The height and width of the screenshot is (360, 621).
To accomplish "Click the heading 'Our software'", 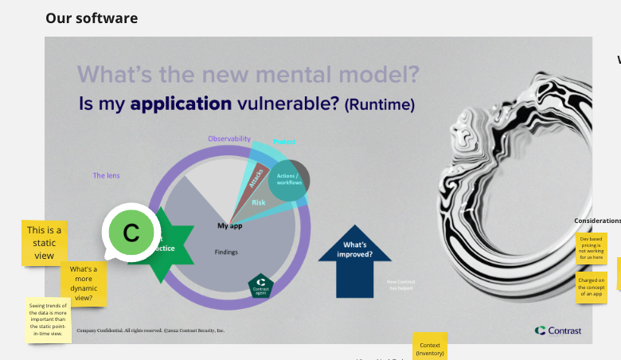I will point(92,18).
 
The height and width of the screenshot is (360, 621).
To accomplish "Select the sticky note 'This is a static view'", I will point(44,242).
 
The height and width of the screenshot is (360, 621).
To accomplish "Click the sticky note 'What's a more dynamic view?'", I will point(83,284).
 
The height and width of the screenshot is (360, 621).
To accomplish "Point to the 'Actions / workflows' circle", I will point(287,179).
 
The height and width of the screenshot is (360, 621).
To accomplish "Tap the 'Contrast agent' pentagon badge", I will point(261,285).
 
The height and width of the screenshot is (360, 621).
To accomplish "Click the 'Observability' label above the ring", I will point(229,139).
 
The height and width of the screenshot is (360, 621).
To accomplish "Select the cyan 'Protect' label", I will point(284,142).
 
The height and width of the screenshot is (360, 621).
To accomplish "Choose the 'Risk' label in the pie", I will point(259,203).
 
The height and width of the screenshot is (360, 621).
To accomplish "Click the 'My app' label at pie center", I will point(229,226).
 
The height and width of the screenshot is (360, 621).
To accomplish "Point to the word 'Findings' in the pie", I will point(226,252).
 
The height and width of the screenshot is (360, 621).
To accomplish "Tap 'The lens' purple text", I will point(106,175).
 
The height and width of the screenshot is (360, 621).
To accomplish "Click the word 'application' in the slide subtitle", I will point(181,104).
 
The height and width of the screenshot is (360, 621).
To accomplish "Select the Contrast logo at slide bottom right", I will point(559,331).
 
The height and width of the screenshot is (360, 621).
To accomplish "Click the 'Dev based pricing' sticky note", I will point(591,248).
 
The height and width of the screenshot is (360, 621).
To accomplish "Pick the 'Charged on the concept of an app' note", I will point(592,287).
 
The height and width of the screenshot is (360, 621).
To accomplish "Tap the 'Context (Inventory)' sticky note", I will point(430,347).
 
